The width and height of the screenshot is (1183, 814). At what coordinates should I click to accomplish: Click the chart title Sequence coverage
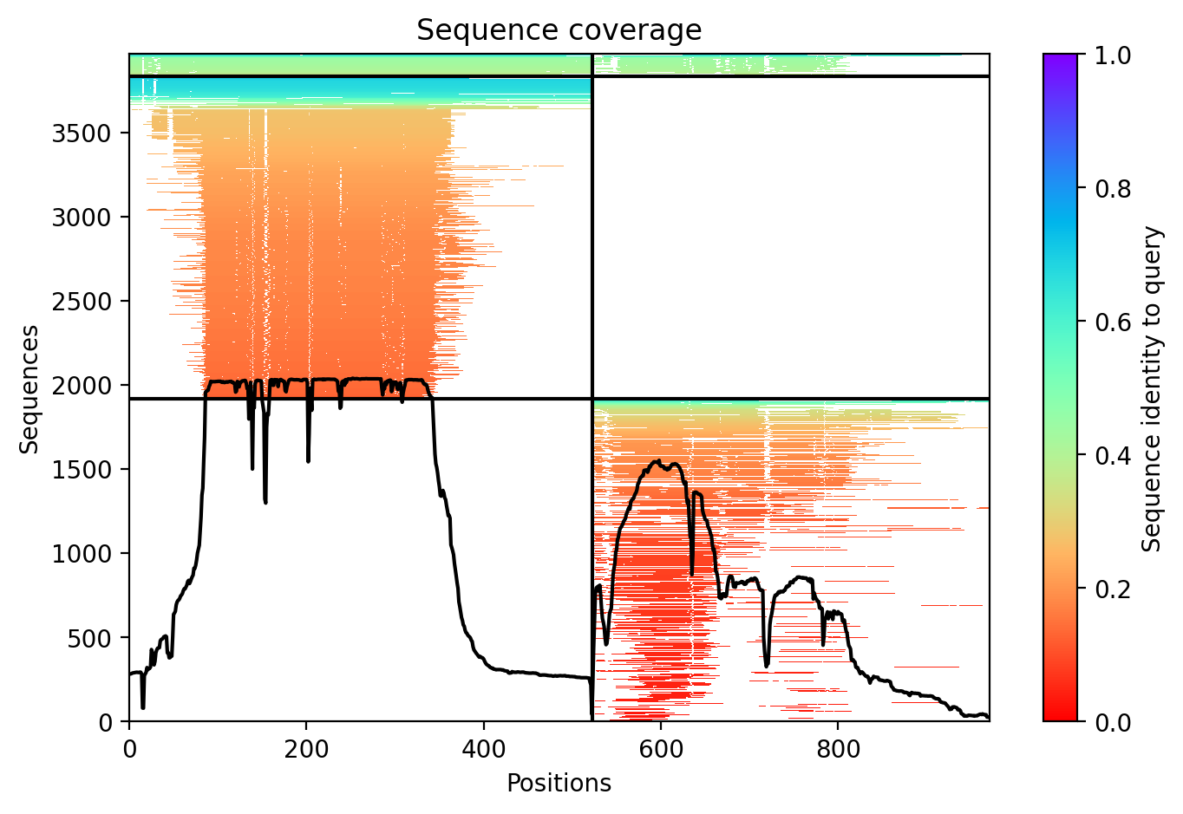pos(559,30)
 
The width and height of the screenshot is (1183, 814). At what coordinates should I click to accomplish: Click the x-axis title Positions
pos(559,783)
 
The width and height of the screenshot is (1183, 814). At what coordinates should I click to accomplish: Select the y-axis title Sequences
pos(29,389)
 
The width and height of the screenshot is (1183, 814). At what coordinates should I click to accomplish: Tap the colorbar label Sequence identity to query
pos(1152,389)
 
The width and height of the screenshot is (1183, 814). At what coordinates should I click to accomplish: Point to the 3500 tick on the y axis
pos(82,133)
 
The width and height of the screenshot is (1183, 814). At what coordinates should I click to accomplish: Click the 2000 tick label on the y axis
pos(82,386)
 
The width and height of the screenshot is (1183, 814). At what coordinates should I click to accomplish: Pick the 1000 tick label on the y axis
pos(82,554)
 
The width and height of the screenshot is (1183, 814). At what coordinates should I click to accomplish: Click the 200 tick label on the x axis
pos(306,749)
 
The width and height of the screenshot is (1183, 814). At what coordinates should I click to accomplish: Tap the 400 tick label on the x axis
pos(483,749)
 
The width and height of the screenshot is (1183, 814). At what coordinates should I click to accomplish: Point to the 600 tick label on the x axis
pos(661,749)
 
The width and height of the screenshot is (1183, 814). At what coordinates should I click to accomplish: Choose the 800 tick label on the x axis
pos(838,749)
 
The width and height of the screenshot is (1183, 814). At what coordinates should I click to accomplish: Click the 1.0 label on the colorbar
pos(1113,55)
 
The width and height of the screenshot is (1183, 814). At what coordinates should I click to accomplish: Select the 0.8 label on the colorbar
pos(1113,188)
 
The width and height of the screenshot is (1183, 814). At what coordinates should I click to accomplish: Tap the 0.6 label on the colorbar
pos(1113,322)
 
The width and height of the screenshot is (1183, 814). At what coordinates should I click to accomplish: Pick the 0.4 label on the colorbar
pos(1113,455)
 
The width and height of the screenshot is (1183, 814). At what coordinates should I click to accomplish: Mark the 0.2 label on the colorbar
pos(1113,589)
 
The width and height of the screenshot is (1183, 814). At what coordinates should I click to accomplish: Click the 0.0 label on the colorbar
pos(1113,721)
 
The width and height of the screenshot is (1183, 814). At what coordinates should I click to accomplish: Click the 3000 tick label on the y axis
pos(82,217)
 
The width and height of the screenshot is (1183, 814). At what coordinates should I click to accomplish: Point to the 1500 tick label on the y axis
pos(82,470)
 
